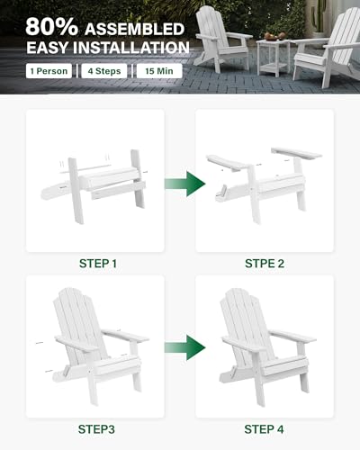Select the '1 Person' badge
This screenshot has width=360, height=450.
tap(49, 70)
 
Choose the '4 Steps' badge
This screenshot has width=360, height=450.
tap(100, 70)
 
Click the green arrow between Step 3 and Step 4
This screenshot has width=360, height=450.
tap(179, 346)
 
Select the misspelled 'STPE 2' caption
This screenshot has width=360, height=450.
tap(264, 264)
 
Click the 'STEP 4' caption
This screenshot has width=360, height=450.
tap(264, 428)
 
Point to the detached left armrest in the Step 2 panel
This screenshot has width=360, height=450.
tap(229, 163)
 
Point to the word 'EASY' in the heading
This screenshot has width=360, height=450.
tap(50, 46)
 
